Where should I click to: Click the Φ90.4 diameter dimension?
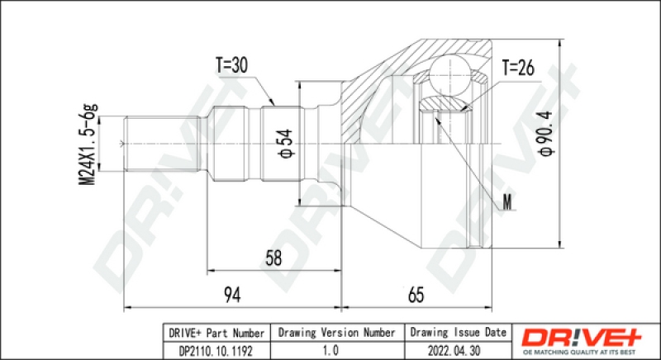click(545, 136)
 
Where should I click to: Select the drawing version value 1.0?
click(337, 349)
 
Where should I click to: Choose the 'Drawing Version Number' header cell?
click(337, 333)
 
